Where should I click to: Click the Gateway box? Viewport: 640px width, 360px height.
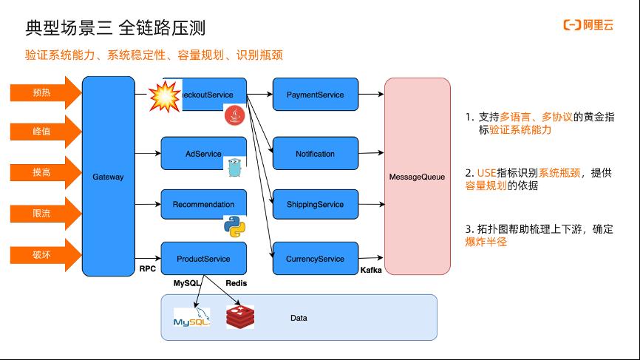pos(108,177)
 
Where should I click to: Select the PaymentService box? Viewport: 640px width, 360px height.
pos(316,95)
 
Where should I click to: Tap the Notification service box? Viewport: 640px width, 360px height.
pos(316,154)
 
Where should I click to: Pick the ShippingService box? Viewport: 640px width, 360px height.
pos(316,204)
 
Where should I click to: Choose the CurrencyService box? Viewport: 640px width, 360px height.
pos(316,259)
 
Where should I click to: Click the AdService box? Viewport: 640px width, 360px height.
pos(204,154)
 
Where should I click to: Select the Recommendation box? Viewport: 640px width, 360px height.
pos(204,204)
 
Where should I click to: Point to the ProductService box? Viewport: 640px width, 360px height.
pos(204,259)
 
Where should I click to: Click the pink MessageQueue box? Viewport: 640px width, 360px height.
pos(417,177)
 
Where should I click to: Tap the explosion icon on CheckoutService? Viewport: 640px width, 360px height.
pos(165,96)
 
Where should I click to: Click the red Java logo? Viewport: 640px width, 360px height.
pos(235,115)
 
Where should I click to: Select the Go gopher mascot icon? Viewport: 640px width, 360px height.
pos(235,167)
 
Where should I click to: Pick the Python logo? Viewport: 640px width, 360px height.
pos(235,227)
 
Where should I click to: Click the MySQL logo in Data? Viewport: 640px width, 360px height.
pos(192,318)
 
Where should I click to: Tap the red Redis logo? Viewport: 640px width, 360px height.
pos(240,317)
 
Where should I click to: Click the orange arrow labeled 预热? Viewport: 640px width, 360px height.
pos(46,92)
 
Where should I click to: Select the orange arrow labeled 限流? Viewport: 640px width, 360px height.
pos(46,214)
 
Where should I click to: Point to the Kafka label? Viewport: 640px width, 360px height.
pos(371,270)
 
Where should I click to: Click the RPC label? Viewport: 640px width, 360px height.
pos(147,268)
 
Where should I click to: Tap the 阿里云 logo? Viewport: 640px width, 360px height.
pos(588,25)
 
